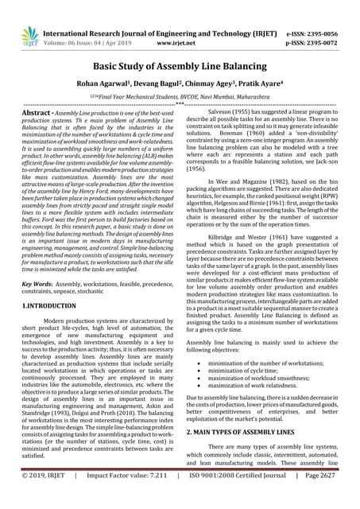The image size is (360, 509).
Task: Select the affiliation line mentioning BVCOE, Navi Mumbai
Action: coord(180,95)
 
